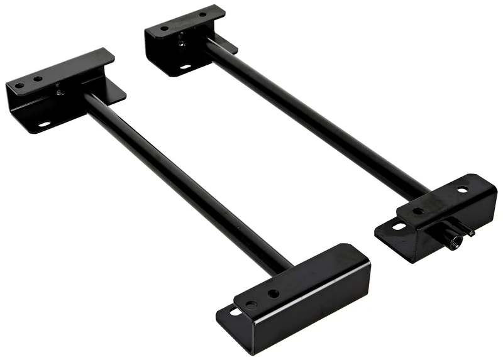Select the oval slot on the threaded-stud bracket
[399, 226]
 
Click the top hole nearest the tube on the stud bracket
[417, 211]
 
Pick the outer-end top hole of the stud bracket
[462, 189]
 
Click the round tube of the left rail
[182, 182]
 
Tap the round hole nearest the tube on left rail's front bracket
[274, 293]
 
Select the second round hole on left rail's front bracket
[251, 305]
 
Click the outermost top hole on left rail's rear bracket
[19, 85]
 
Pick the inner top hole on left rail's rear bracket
[38, 79]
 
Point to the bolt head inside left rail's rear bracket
[60, 92]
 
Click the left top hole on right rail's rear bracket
[164, 28]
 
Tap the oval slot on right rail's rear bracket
[185, 66]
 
